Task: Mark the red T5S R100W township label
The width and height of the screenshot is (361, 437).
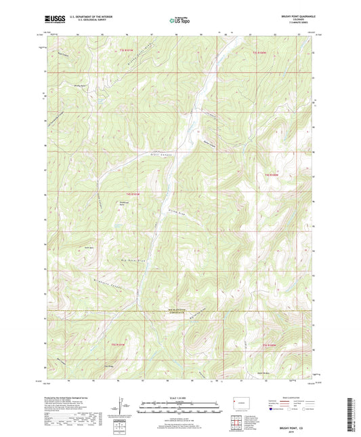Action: [270, 345]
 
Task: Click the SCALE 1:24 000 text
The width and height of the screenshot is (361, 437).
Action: [180, 397]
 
